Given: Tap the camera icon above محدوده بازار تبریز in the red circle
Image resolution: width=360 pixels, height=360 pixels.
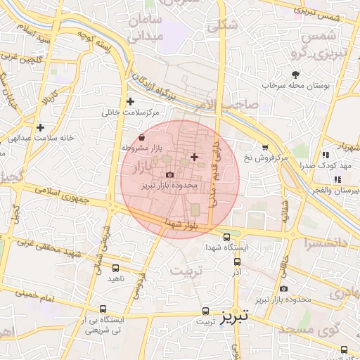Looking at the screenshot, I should (169, 174).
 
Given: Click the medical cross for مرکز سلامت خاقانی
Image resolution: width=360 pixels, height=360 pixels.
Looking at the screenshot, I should (131, 101).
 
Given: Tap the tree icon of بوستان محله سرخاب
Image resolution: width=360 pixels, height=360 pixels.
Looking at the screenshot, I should (295, 74).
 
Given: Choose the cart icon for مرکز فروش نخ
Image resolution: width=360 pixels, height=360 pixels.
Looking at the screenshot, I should (265, 147).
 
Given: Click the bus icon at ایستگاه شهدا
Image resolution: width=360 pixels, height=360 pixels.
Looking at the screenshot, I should (226, 237).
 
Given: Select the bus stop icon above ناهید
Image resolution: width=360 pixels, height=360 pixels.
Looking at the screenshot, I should (115, 267).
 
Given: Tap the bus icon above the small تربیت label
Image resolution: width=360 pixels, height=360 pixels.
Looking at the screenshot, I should (205, 310).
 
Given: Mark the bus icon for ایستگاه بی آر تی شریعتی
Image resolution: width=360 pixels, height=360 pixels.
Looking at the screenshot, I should (103, 309).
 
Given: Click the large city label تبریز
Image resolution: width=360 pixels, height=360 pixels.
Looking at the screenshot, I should (234, 317).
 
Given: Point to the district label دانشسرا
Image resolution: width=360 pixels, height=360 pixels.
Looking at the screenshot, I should (330, 243).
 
